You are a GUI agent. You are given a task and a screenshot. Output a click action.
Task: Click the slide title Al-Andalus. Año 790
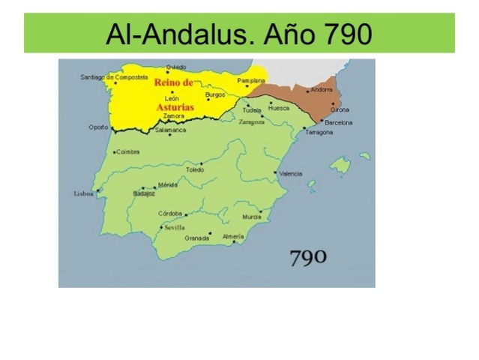point(239,33)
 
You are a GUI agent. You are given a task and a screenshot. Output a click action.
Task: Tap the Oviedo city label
point(176,67)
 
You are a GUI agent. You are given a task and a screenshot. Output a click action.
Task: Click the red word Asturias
point(175,107)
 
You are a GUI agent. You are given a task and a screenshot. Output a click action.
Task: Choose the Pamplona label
point(251,80)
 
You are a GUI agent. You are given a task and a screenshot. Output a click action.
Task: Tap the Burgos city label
point(215,94)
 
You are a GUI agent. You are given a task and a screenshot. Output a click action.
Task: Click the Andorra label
point(321,90)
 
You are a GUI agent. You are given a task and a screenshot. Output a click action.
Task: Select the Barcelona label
point(339,122)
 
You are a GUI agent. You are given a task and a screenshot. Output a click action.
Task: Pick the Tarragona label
point(319,132)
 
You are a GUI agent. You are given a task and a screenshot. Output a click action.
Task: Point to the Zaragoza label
point(251,121)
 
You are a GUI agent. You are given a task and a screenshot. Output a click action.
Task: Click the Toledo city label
point(195,169)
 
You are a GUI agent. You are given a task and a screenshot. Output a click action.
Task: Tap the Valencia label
point(290,173)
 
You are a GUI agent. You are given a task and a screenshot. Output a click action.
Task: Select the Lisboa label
point(84,193)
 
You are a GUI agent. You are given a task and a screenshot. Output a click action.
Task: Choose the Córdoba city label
point(170,213)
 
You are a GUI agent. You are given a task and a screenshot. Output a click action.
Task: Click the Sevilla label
point(175,227)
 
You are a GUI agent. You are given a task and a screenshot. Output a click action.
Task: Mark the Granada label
point(197,238)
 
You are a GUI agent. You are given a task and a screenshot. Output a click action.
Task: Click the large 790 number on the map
point(307,257)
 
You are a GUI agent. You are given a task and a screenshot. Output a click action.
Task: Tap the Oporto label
point(98,127)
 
